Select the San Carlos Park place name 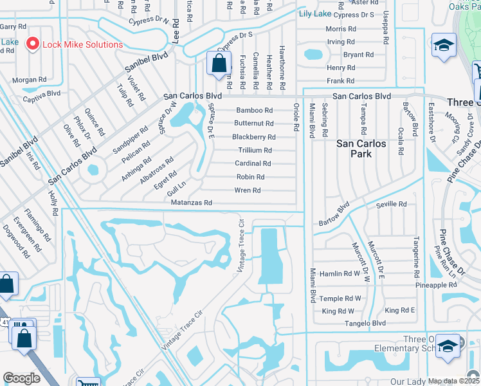pos(361,149)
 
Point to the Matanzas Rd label pos(190,203)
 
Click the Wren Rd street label pos(248,190)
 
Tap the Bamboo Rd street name pos(254,110)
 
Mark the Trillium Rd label pos(255,150)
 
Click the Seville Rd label pos(392,204)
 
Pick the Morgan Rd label pos(29,80)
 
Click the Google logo pos(21,378)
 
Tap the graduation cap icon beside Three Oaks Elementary pos(448,345)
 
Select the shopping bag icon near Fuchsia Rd pos(219,63)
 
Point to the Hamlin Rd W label pos(341,273)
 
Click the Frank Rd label pos(340,81)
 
